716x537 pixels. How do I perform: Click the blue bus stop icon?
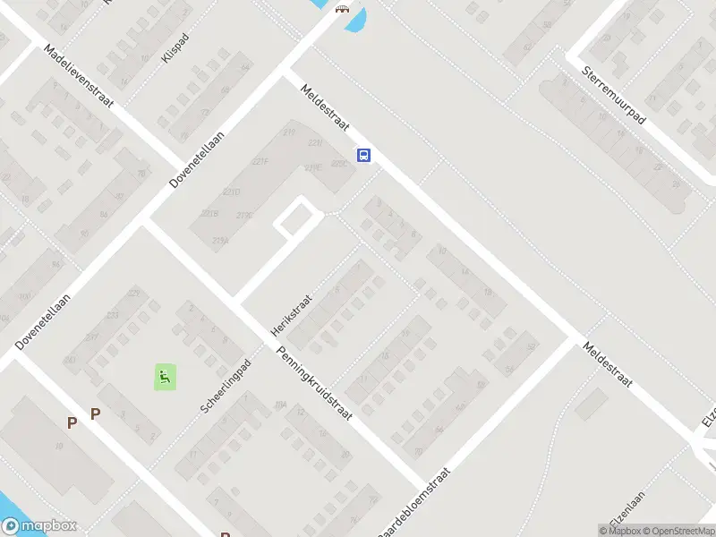tap(363, 155)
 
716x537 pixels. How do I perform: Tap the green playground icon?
tap(165, 378)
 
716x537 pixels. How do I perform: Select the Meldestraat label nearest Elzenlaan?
tap(608, 365)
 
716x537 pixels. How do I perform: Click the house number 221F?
tap(260, 162)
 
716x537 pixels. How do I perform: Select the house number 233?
tap(113, 315)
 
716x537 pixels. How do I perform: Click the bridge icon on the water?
tap(341, 10)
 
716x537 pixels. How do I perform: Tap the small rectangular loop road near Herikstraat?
tap(298, 218)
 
